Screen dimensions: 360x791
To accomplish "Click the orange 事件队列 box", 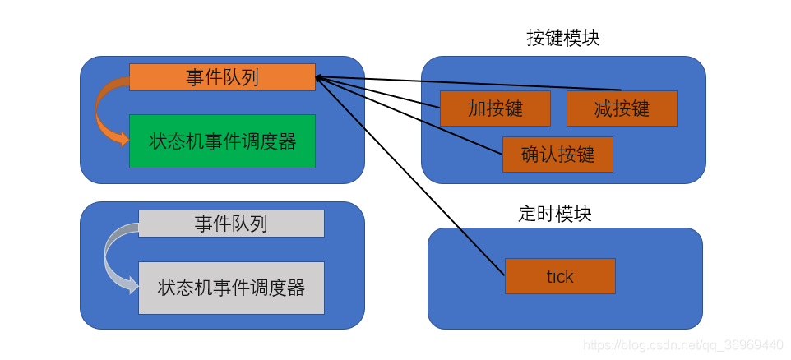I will [222, 76].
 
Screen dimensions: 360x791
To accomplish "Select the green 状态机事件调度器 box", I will [222, 141].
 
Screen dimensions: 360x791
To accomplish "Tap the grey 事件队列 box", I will [231, 223].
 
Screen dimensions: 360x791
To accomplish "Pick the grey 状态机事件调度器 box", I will [231, 288].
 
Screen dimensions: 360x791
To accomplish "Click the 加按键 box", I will [495, 108].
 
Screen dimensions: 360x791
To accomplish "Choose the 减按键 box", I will [622, 108].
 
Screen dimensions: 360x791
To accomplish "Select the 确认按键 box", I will [557, 155].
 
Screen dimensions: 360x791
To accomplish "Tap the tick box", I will [560, 276].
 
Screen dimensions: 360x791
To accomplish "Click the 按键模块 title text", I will [563, 38].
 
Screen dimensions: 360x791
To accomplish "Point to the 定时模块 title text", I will [555, 214].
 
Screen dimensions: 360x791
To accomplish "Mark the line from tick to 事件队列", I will [411, 178].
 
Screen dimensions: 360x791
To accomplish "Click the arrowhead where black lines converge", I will [320, 79].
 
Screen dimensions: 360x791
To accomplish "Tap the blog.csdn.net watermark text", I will [682, 344].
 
